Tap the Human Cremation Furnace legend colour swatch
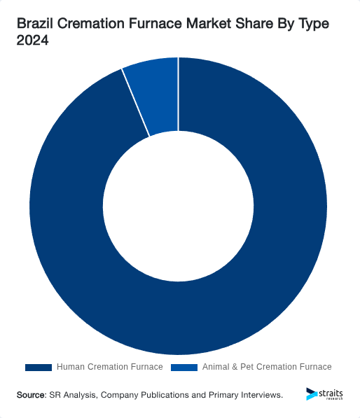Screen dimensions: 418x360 click(39, 367)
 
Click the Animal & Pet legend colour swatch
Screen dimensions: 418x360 click(184, 367)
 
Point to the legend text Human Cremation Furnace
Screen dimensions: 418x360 click(109, 367)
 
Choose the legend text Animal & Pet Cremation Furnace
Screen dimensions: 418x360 click(267, 367)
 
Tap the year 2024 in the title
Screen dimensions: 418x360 click(32, 41)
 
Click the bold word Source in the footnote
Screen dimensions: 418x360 click(31, 395)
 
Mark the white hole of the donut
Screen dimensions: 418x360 click(179, 206)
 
